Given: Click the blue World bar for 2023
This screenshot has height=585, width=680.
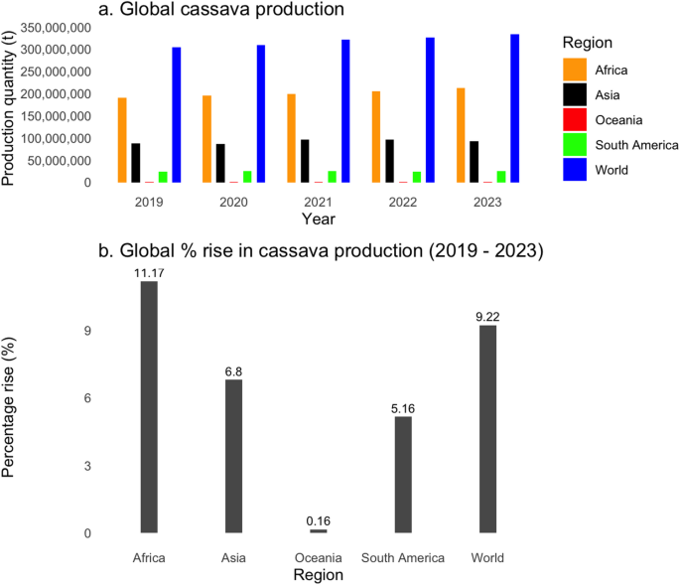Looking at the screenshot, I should tap(514, 108).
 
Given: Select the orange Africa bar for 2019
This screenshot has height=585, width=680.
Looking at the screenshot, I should tap(122, 140).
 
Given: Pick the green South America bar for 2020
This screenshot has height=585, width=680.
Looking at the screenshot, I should tap(247, 177).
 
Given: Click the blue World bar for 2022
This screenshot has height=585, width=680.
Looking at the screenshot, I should tap(430, 110).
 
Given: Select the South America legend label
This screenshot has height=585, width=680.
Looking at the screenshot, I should tap(637, 145).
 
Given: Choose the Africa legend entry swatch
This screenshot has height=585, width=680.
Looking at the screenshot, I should tap(575, 70).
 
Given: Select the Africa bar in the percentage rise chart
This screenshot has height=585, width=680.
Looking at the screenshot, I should tap(149, 407).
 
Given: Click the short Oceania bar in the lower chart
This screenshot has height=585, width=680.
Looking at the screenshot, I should tap(318, 531).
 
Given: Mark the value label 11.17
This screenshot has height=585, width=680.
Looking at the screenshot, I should tap(149, 273).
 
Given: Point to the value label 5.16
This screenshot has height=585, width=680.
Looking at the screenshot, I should tap(403, 408).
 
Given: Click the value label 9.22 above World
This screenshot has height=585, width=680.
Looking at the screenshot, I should tap(487, 317).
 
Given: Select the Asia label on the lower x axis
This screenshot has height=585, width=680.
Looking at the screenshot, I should tap(233, 557).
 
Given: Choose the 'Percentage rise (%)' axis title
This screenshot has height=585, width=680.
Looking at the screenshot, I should tap(11, 407).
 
